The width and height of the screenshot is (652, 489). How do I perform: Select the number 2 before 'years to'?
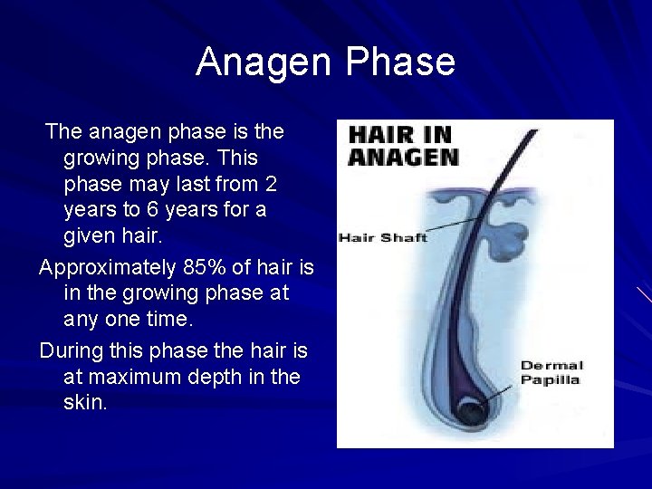[x=270, y=185]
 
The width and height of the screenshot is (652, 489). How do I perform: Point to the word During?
[x=70, y=350]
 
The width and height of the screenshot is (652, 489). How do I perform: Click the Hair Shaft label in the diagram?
[x=382, y=238]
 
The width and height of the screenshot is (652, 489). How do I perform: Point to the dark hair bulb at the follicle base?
[x=471, y=412]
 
